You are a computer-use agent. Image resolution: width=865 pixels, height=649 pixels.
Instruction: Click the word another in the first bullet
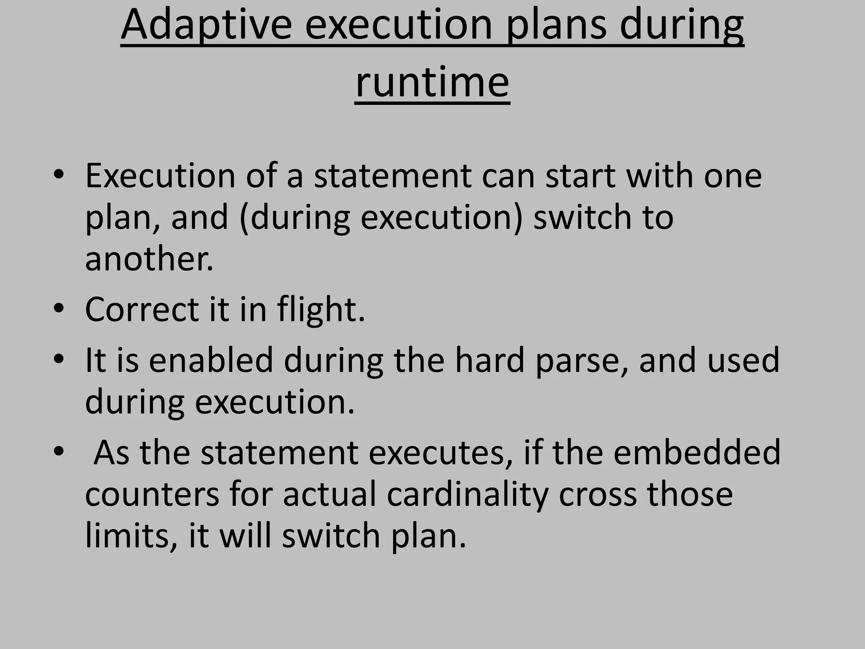(149, 258)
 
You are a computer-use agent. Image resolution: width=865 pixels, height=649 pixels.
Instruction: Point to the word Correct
(142, 309)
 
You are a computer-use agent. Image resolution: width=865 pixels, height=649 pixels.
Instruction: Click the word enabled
(211, 360)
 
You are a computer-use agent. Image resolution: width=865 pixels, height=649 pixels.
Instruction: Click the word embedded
(696, 452)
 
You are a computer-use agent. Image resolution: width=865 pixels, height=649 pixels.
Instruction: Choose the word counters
(152, 494)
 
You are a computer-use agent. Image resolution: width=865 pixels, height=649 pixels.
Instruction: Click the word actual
(329, 494)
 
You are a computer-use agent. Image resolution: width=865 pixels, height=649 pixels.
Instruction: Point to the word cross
(597, 494)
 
